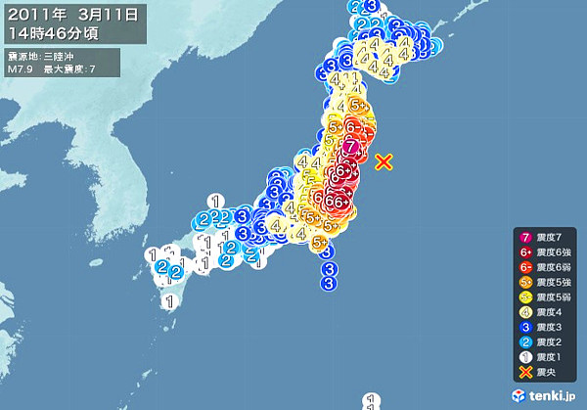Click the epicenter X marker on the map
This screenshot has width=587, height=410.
[384, 161]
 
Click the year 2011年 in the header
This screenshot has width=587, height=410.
[35, 14]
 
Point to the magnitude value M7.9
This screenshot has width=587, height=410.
[21, 69]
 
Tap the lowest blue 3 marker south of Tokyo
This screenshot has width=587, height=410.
[329, 283]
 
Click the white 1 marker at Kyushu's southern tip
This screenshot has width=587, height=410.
[169, 301]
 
